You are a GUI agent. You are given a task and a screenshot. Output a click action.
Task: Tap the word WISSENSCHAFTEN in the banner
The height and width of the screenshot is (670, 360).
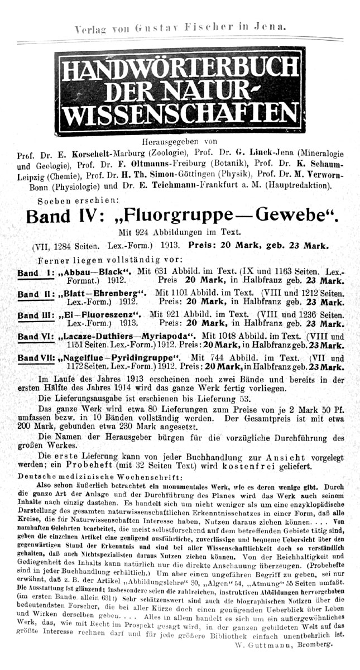pyautogui.click(x=180, y=114)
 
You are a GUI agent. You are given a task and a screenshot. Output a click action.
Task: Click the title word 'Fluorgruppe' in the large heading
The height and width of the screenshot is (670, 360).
pyautogui.click(x=178, y=216)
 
